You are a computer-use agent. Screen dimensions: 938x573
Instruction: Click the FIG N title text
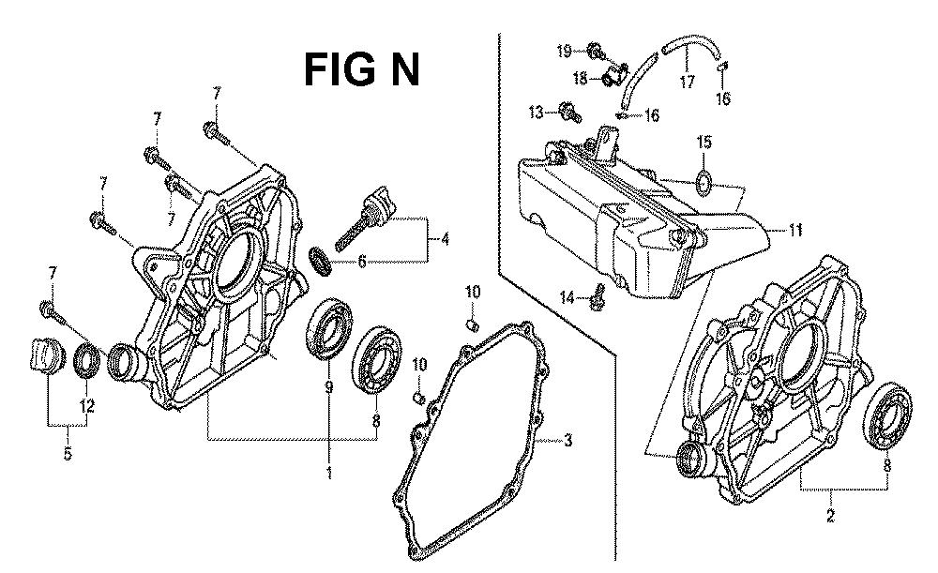(362, 69)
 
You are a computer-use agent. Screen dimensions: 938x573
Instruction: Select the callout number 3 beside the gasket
(567, 441)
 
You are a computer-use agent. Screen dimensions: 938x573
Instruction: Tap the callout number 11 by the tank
(795, 230)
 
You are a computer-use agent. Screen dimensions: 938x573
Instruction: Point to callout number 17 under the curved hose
(687, 81)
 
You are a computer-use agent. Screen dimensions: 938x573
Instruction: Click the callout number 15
(704, 143)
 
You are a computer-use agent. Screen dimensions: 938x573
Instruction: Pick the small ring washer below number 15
(703, 182)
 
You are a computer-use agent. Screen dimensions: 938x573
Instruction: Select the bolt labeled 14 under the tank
(598, 297)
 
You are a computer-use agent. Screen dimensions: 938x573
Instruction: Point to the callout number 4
(445, 240)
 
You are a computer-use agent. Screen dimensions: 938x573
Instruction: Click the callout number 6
(362, 262)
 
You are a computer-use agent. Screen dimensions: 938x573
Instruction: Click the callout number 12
(87, 406)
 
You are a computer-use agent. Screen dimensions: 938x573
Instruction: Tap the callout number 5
(68, 453)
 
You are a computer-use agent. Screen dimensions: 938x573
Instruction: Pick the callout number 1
(329, 473)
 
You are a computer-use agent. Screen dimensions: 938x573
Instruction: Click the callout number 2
(830, 516)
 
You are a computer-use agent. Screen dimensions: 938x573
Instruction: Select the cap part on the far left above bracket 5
(44, 357)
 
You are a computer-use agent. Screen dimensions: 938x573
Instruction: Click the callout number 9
(329, 387)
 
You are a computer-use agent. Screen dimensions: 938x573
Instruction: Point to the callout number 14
(567, 296)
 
